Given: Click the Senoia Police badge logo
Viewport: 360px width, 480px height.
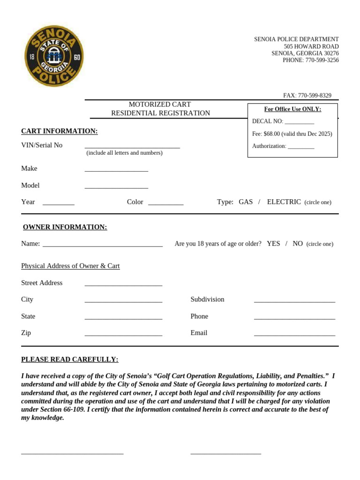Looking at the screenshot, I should (x=54, y=56).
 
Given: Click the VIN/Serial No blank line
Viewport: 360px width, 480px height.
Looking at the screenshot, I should (x=132, y=147).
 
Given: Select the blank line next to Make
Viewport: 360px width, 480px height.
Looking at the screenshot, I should (x=116, y=170).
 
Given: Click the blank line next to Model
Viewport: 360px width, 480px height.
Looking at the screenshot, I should (x=116, y=187).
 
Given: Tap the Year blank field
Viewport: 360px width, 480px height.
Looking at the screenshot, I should (x=59, y=204).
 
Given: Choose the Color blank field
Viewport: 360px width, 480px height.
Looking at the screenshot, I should (x=165, y=204).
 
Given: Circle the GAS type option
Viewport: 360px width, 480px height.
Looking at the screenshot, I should (x=246, y=202).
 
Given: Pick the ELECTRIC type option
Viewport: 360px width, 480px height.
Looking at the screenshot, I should (x=284, y=202).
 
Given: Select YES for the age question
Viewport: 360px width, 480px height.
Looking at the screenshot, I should (x=273, y=244).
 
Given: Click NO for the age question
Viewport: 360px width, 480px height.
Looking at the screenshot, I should (x=298, y=244).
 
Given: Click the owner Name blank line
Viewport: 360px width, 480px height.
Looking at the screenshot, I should (x=102, y=245).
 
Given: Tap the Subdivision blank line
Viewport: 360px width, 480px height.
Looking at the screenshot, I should (x=294, y=301).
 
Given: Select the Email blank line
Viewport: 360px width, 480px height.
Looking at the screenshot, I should (x=294, y=335).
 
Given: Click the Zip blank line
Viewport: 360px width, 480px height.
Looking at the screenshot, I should (x=123, y=335).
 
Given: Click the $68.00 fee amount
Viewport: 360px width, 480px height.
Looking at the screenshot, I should (x=271, y=134).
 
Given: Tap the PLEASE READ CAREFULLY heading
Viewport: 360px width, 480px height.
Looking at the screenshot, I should (x=70, y=360).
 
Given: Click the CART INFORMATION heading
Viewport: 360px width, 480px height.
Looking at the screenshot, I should (x=60, y=131).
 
